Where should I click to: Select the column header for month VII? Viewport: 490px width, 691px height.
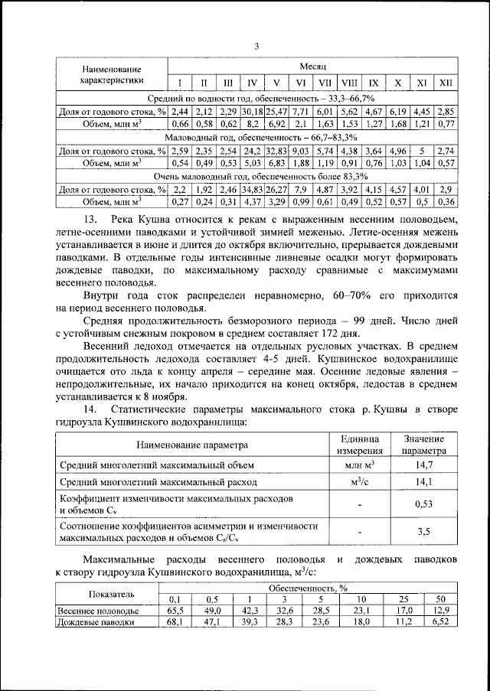(x=325, y=83)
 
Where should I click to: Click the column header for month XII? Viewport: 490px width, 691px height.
(x=446, y=83)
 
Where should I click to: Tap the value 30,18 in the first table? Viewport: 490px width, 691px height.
(x=251, y=112)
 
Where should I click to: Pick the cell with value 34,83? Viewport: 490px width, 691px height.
(x=251, y=188)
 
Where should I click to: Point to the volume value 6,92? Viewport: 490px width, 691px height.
(x=276, y=124)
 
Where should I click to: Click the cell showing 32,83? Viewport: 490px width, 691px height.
(x=276, y=150)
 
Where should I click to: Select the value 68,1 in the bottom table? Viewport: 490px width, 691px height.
(x=175, y=623)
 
